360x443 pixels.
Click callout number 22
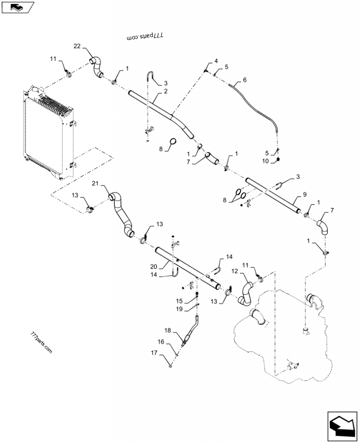(77, 46)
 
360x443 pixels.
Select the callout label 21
(95, 183)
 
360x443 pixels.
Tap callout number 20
(154, 266)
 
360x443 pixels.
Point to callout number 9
(305, 194)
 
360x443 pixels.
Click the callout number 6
(245, 80)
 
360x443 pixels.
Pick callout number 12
(234, 271)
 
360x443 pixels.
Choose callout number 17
(154, 353)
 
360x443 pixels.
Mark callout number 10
(265, 161)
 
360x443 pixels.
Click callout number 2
(166, 91)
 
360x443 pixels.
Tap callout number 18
(168, 330)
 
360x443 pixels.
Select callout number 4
(216, 61)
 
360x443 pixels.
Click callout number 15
(180, 301)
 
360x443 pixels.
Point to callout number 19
(180, 309)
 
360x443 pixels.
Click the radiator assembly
(49, 132)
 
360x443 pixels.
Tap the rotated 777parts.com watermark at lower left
(41, 342)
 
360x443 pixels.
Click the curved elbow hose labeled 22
(96, 67)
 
